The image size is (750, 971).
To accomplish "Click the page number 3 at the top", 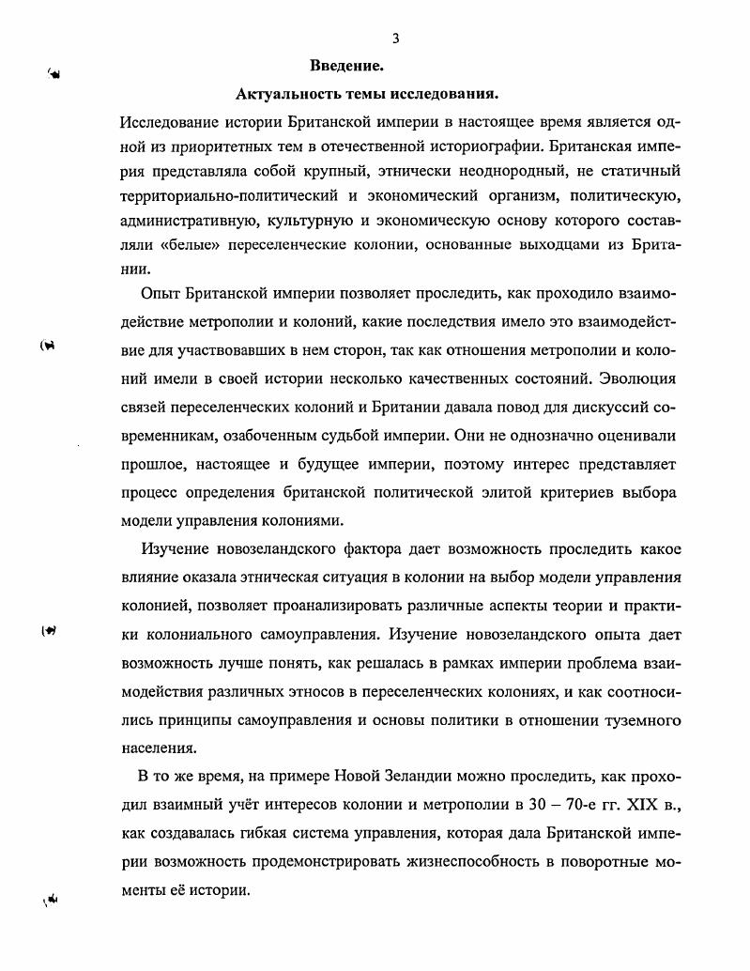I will (x=396, y=39).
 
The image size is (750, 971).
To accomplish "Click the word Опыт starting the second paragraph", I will (x=161, y=295).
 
